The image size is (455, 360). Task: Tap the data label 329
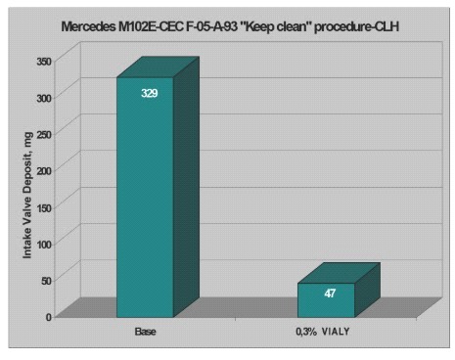[x=150, y=93]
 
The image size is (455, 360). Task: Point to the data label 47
[x=330, y=293]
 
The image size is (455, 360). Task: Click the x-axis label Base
[x=146, y=332]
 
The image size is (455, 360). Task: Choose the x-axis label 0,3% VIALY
[x=323, y=332]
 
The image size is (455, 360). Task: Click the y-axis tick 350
[x=44, y=61]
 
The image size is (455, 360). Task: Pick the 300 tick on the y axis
[x=44, y=98]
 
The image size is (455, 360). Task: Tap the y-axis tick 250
[x=44, y=134]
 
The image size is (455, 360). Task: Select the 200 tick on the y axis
[x=44, y=171]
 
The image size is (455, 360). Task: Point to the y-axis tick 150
[x=44, y=207]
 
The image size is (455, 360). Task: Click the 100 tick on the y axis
[x=44, y=245]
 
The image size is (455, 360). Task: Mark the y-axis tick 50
[x=47, y=281]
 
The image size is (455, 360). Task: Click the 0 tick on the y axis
[x=49, y=317]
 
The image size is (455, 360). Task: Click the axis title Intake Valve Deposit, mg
[x=27, y=195]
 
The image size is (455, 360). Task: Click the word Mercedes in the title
[x=88, y=26]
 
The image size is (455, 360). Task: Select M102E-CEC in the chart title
[x=151, y=26]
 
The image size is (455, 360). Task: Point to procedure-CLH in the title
[x=356, y=26]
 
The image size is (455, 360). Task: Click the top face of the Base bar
[x=159, y=67]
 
